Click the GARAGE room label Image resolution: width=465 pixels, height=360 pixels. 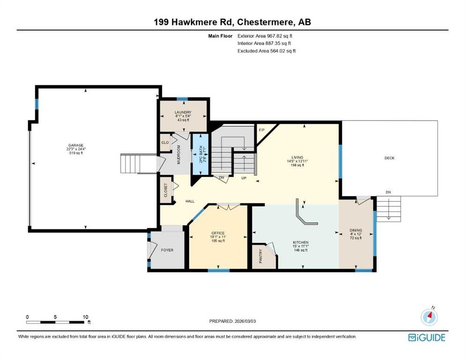[x=76, y=145]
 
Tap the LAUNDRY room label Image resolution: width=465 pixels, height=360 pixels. [x=183, y=112]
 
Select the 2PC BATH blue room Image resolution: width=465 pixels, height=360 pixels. [x=200, y=154]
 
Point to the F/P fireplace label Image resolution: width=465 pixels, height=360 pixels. [x=262, y=130]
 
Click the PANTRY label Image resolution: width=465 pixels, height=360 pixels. [x=261, y=256]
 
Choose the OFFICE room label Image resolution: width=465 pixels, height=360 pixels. [x=218, y=233]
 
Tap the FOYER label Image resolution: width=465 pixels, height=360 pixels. [x=167, y=250]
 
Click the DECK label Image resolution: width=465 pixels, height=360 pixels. [x=390, y=158]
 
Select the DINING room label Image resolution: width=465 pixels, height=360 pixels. [x=356, y=230]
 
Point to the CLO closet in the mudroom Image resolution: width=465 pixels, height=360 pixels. [x=165, y=142]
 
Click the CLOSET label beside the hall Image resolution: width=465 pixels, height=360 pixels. [x=166, y=190]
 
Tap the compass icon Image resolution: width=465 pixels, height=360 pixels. [x=429, y=317]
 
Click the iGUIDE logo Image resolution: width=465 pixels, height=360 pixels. [x=427, y=337]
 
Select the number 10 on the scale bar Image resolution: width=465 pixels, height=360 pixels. [x=85, y=317]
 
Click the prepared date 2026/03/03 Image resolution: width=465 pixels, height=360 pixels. [x=245, y=321]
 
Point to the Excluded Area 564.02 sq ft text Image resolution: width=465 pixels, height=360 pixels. [x=266, y=51]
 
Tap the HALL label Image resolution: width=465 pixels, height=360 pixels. [x=190, y=201]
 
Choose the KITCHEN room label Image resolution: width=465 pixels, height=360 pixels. [x=301, y=242]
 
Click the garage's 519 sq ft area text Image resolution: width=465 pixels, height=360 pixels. [x=76, y=153]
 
